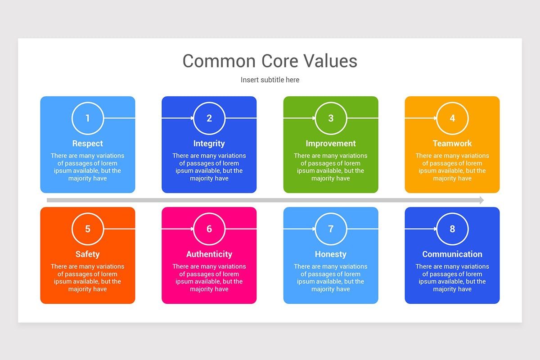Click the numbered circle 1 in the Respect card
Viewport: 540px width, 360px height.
[88, 118]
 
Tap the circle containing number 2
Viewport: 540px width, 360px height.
[209, 118]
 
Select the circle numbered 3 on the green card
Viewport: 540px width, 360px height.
[331, 118]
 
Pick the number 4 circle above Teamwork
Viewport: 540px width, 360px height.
[452, 118]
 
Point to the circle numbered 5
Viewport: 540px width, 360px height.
[88, 229]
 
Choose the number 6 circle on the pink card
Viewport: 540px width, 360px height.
[209, 229]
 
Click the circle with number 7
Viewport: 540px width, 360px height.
[331, 229]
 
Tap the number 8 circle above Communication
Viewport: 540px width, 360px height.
[452, 229]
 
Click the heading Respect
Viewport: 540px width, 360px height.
[88, 144]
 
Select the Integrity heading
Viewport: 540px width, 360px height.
[209, 144]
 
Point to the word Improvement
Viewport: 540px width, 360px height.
[331, 144]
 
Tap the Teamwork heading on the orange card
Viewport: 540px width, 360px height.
[452, 144]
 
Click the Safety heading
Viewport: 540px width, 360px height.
[88, 254]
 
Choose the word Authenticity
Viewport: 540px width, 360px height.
[209, 254]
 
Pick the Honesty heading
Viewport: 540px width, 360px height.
[331, 254]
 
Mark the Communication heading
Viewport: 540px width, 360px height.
[452, 254]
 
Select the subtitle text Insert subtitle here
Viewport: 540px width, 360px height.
[270, 80]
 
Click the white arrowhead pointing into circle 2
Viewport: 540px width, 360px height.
[192, 118]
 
